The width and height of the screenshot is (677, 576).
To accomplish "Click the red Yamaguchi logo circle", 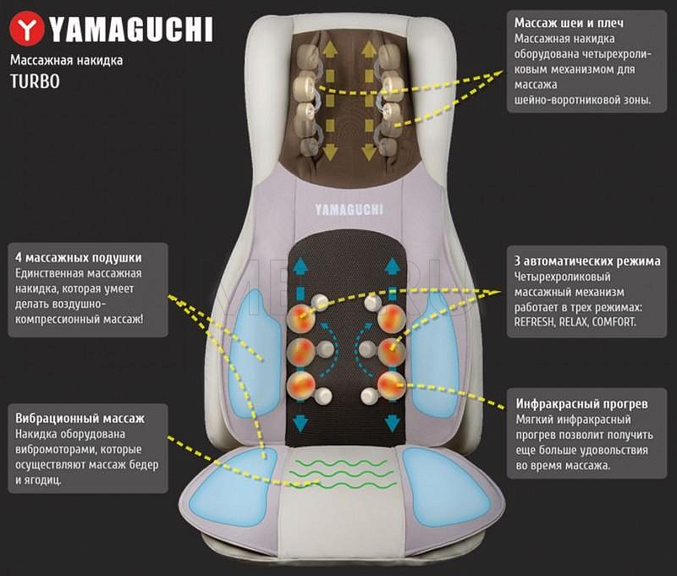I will point(30,30).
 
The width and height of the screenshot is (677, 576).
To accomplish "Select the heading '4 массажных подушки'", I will point(79,257).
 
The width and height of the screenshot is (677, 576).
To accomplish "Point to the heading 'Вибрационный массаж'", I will point(80,418).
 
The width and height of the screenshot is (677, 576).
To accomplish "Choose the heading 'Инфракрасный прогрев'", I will point(576,403).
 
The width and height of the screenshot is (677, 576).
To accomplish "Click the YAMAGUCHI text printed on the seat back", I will point(349,209).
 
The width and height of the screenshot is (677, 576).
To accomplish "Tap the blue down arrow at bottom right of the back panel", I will point(393,421).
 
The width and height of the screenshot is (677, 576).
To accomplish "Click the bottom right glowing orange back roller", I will point(390,385).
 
